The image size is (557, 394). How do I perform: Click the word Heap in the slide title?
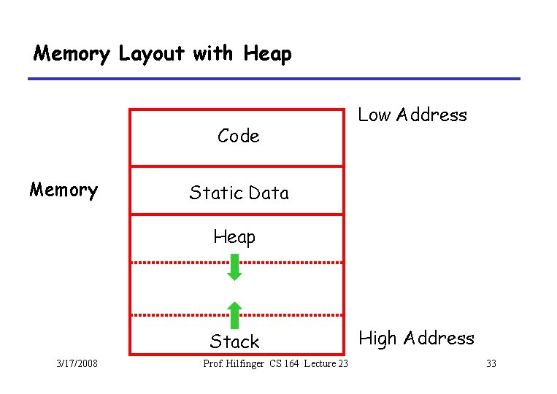(x=267, y=54)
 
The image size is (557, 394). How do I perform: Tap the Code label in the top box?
(x=238, y=136)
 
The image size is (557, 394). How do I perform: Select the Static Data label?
(x=239, y=193)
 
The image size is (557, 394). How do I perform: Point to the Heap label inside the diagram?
(x=234, y=237)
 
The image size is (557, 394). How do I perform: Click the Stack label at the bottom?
(x=234, y=341)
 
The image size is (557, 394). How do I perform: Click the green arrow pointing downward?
(x=234, y=268)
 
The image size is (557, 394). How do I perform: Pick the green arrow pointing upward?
(x=234, y=314)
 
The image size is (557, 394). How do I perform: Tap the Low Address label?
(x=412, y=115)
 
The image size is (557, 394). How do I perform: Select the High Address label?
(x=416, y=339)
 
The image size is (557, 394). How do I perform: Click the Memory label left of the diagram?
(x=64, y=190)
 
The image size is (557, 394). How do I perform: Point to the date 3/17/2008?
(x=77, y=363)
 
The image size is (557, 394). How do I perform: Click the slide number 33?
(x=491, y=363)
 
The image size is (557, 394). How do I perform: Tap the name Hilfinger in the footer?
(x=246, y=364)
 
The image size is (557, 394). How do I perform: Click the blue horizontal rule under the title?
(x=274, y=79)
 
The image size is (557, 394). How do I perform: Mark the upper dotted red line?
(x=237, y=262)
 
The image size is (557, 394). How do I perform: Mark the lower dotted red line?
(x=237, y=315)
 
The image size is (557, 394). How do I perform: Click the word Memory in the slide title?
(x=72, y=54)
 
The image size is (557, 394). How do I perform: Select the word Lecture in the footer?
(x=321, y=364)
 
